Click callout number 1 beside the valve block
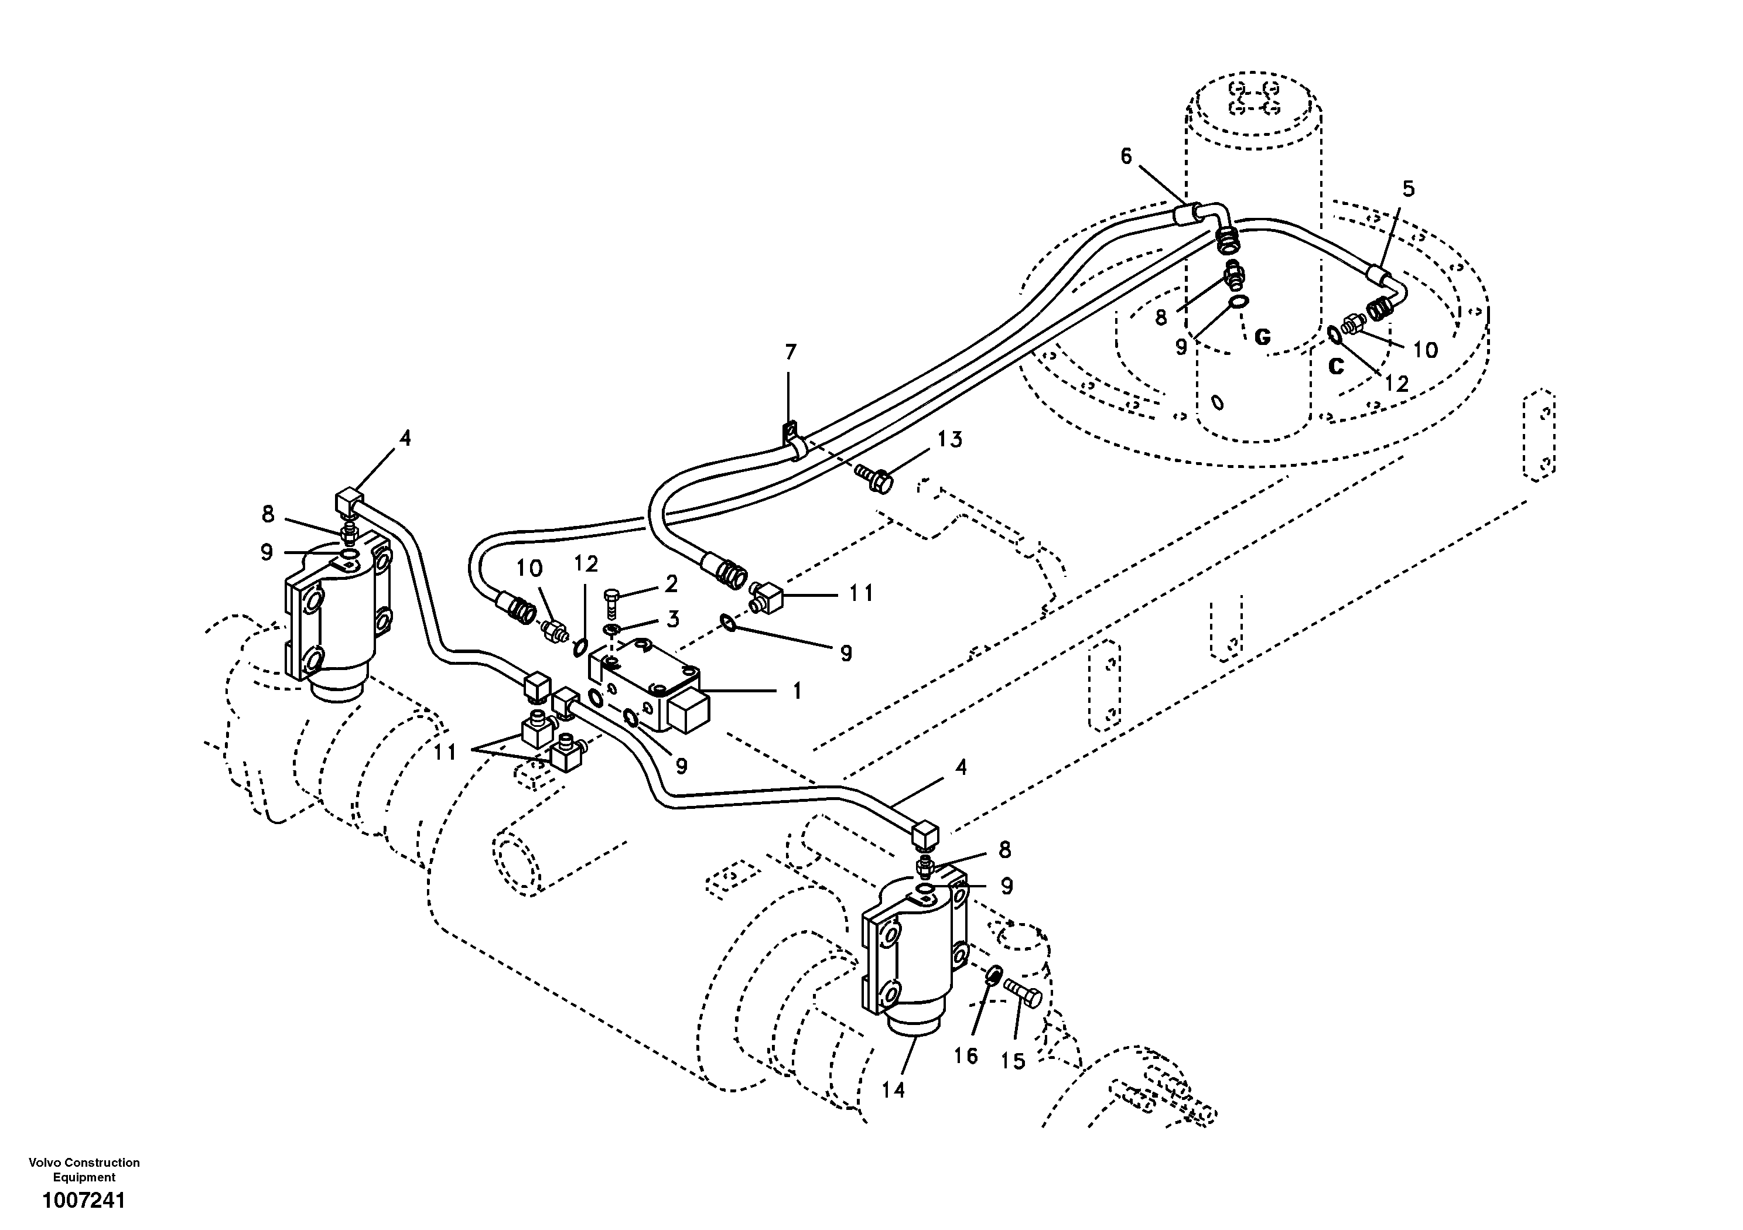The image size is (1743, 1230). tap(797, 691)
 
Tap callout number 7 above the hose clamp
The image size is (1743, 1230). tap(790, 352)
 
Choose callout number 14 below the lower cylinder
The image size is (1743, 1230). tap(894, 1090)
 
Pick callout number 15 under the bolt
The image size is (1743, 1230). tap(1013, 1061)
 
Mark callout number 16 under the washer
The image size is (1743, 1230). tap(966, 1056)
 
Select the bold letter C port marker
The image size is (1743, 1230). tap(1336, 366)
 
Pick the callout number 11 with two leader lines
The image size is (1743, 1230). tap(445, 753)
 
